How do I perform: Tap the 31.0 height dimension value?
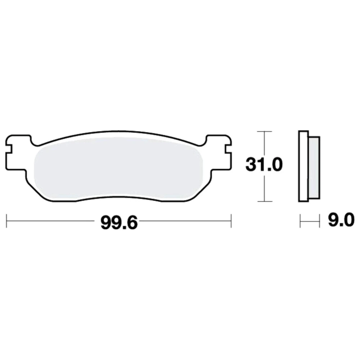264,165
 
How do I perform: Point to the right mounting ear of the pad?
219,153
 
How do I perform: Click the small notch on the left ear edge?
9,149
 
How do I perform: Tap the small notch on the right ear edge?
228,149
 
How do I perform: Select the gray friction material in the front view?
118,168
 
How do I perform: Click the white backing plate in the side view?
303,166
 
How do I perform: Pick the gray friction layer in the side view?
314,168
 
